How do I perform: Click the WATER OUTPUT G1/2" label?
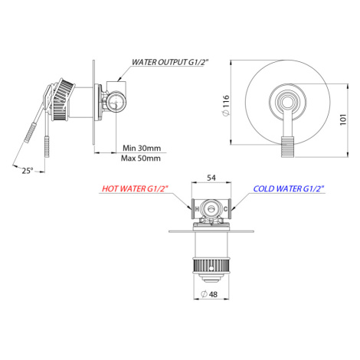[x=170, y=62]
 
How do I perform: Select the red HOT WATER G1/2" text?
[x=136, y=188]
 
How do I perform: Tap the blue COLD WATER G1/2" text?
[x=289, y=188]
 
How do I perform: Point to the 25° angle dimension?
[x=28, y=171]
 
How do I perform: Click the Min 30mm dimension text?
[x=142, y=148]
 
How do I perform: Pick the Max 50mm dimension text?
[x=141, y=159]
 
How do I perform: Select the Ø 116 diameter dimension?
[x=226, y=106]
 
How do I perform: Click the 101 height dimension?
[x=343, y=119]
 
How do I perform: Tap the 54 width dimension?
[x=211, y=178]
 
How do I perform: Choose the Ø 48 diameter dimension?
[x=209, y=294]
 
